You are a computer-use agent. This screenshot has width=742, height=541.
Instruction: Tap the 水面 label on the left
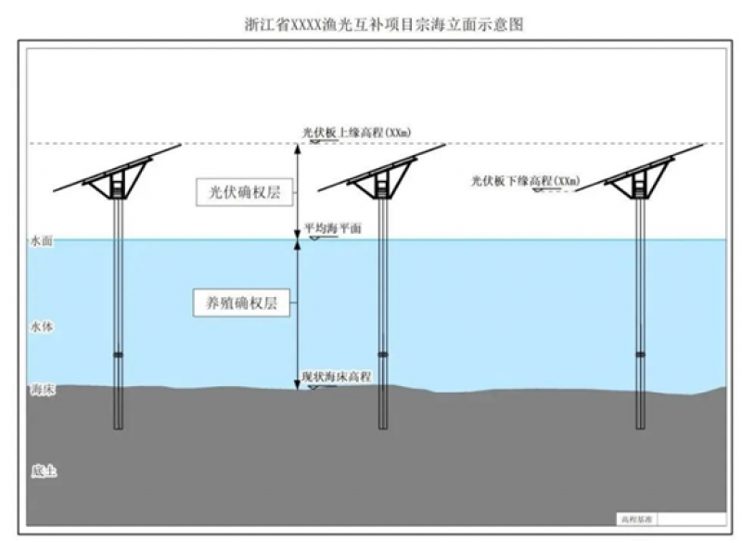point(42,241)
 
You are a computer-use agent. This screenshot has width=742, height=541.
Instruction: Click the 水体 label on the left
point(42,328)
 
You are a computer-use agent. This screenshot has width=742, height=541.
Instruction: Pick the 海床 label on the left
point(43,391)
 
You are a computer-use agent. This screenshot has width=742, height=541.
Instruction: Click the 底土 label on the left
point(43,471)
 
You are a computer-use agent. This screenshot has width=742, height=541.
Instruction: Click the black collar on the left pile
point(118,354)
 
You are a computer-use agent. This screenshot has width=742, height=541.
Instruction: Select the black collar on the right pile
point(640,354)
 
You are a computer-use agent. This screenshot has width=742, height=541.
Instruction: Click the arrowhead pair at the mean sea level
point(297,240)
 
